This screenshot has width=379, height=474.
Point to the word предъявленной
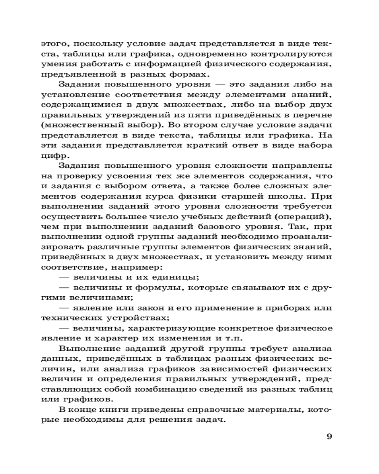[71, 75]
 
